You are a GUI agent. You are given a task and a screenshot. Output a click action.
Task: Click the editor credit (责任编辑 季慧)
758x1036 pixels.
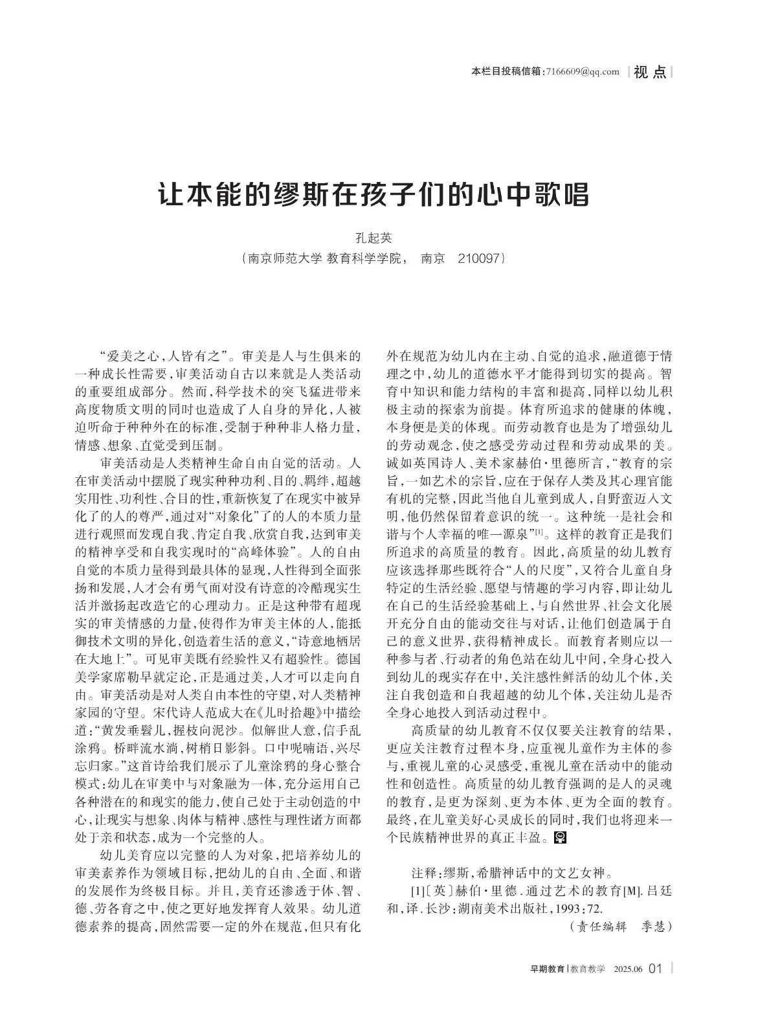[620, 927]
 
